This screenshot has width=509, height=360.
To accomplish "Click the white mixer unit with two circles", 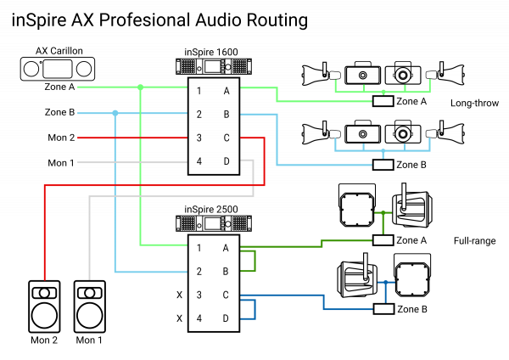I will (58, 69).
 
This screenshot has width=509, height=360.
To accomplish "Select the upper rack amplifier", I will (214, 66).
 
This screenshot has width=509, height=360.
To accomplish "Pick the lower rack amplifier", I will (214, 223).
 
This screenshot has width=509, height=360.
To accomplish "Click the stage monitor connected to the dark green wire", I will (411, 208).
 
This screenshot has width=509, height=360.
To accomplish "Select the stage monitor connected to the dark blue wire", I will (357, 278).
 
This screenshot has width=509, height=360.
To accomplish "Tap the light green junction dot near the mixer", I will (140, 87).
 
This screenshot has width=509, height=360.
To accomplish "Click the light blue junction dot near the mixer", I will (115, 113).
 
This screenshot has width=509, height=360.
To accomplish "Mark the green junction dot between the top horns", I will (383, 92).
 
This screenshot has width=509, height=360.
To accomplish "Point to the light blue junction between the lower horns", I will (383, 151).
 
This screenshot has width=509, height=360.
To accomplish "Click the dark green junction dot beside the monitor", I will (383, 212).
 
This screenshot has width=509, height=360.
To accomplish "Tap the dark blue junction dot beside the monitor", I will (385, 282).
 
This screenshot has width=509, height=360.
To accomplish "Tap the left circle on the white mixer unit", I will (31, 69).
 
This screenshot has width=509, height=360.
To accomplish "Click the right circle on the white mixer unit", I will (83, 69).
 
